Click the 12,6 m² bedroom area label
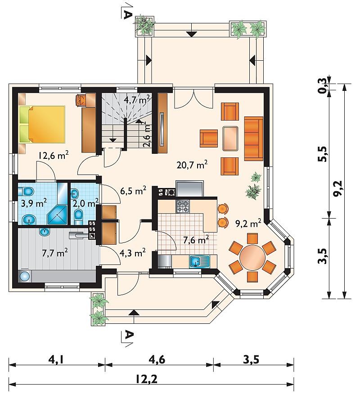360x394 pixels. (53, 156)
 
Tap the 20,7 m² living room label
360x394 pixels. (192, 165)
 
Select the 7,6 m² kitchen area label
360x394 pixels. (196, 240)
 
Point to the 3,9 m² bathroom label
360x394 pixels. (34, 203)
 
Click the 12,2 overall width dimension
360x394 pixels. (147, 379)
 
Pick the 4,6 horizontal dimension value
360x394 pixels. (157, 359)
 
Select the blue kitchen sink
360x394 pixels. (200, 261)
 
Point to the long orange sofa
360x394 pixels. (254, 139)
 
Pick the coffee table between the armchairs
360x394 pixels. (230, 139)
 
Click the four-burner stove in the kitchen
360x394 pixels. (183, 206)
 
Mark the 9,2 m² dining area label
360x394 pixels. (248, 223)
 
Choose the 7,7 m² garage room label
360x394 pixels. (55, 252)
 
